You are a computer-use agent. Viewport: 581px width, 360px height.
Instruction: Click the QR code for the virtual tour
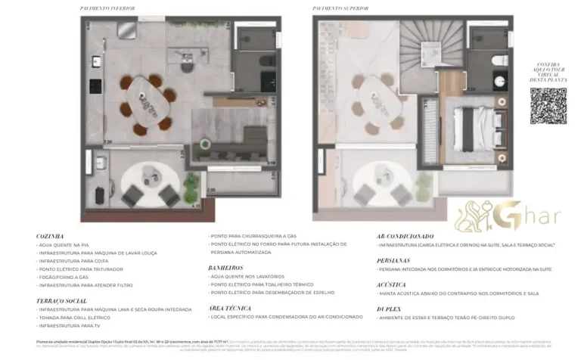(x=548, y=106)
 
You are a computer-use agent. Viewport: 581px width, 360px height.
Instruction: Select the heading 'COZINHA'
(x=51, y=237)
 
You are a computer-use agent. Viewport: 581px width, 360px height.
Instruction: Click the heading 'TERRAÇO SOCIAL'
(x=62, y=301)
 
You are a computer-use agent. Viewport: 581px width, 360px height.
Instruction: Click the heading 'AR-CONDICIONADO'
(x=406, y=237)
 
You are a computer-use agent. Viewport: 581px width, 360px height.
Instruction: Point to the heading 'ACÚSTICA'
(x=391, y=285)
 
